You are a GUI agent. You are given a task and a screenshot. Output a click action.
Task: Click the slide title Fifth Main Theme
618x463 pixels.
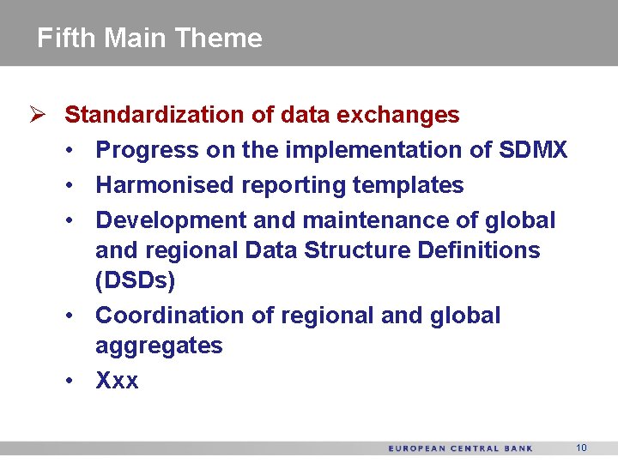pos(149,38)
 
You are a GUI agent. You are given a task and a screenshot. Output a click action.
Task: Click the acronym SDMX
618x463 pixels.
pos(533,150)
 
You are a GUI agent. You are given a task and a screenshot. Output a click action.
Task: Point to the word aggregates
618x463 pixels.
pos(159,346)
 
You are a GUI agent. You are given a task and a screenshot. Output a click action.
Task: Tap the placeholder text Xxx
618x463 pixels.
pos(117,381)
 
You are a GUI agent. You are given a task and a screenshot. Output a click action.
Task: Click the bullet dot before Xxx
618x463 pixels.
pos(69,381)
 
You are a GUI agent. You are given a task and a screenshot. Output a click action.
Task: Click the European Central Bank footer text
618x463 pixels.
pos(460,448)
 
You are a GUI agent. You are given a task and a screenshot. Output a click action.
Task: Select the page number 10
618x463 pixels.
pos(581,448)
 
